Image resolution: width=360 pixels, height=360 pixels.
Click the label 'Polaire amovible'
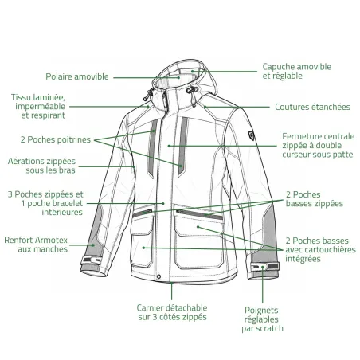pyautogui.click(x=77, y=76)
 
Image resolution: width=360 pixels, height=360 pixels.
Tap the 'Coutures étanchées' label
pyautogui.click(x=312, y=107)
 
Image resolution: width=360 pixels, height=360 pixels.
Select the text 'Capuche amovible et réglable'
pyautogui.click(x=297, y=71)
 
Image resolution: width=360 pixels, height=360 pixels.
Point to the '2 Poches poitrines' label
pyautogui.click(x=56, y=139)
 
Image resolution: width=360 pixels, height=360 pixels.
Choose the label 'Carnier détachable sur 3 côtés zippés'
pyautogui.click(x=172, y=312)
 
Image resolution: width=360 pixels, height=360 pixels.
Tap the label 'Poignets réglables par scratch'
pyautogui.click(x=262, y=319)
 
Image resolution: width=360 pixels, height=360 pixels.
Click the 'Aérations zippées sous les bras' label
pyautogui.click(x=41, y=166)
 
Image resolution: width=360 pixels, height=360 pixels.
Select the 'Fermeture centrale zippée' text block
pyautogui.click(x=318, y=146)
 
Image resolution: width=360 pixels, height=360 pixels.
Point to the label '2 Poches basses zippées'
pyautogui.click(x=315, y=199)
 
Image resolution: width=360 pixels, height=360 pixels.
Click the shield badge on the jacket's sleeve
pyautogui.click(x=251, y=135)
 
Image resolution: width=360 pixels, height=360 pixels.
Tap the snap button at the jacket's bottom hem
pyautogui.click(x=158, y=276)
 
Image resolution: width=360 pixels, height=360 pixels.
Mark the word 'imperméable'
pyautogui.click(x=41, y=107)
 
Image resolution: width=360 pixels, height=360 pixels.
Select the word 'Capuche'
pyautogui.click(x=277, y=67)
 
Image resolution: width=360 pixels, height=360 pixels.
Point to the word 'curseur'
pyautogui.click(x=296, y=155)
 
